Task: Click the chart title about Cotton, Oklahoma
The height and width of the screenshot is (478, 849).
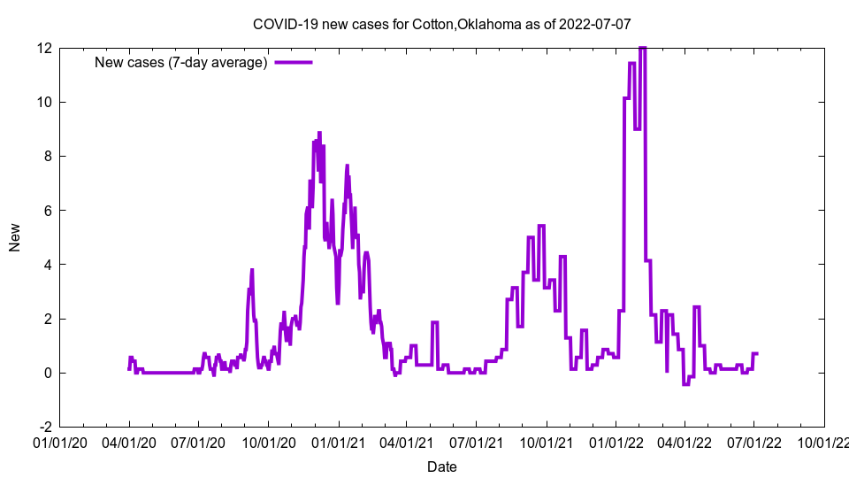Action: click(441, 24)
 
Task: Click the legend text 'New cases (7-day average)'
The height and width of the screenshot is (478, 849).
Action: click(180, 63)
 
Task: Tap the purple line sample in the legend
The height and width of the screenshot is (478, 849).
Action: click(293, 63)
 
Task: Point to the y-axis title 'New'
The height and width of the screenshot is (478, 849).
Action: click(15, 237)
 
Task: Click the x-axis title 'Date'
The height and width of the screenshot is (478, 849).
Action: click(442, 466)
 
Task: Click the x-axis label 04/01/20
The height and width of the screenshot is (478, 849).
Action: click(129, 442)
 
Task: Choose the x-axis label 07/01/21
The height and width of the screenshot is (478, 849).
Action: click(477, 442)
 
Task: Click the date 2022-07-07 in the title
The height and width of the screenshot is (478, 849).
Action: click(595, 24)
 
